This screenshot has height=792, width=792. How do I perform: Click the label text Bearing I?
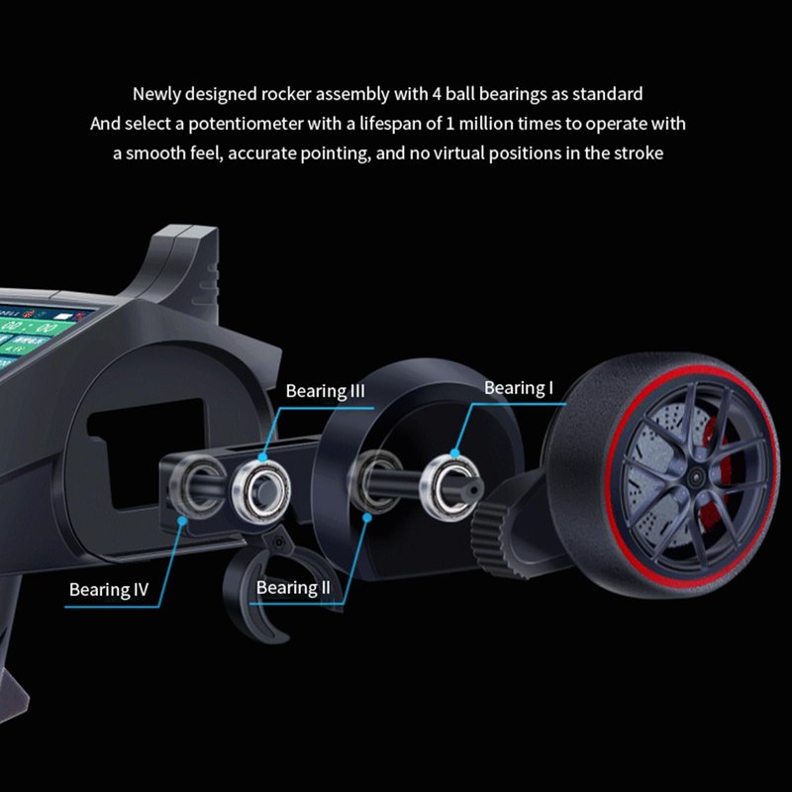[x=518, y=388]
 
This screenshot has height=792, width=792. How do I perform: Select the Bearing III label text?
[x=325, y=391]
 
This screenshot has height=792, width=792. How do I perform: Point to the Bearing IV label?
[x=108, y=590]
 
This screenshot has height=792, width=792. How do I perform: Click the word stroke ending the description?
[x=638, y=153]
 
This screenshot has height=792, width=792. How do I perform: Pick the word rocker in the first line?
[x=286, y=94]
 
